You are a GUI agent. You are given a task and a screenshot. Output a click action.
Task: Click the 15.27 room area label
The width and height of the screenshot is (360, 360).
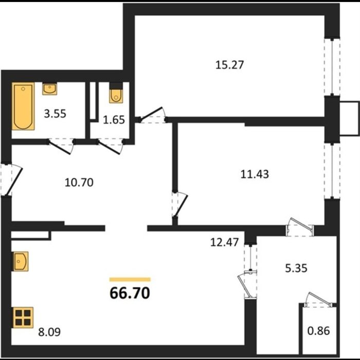coord(229,65)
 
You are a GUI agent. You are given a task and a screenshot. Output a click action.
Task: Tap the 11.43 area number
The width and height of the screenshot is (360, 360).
coord(255,174)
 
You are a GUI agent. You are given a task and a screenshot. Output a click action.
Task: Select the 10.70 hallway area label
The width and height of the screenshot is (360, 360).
coord(79,183)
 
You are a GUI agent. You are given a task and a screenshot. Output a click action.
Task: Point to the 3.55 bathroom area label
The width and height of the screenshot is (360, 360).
coord(55,114)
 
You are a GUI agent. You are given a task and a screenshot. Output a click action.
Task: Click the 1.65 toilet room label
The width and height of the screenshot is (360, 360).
coord(114,120)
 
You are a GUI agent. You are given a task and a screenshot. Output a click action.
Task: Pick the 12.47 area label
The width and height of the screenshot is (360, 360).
coord(225,242)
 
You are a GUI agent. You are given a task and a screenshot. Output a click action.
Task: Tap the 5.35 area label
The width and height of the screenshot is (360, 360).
coord(296,268)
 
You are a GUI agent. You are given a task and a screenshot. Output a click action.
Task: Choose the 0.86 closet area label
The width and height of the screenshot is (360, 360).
coord(319,331)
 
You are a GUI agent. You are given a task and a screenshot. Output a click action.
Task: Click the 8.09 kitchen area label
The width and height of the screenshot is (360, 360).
coord(49,332)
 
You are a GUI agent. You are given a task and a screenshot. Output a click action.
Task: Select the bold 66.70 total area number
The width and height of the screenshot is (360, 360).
coord(130,293)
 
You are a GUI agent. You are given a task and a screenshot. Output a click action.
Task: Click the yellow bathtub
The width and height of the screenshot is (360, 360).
coord(23,106)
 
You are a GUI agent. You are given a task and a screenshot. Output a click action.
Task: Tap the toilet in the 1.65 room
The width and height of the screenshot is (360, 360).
coord(116,93)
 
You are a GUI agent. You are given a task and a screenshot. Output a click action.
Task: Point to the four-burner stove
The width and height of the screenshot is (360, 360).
coord(23,317)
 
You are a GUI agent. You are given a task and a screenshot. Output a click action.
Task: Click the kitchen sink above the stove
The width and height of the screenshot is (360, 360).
coord(20,261)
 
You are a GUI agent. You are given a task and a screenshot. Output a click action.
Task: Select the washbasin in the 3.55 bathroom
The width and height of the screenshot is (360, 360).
coord(49,89)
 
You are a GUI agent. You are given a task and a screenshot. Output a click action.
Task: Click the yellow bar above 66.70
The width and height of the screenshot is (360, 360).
coord(130,279)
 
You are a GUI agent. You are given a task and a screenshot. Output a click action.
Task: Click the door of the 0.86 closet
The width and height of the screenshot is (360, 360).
coord(319,300)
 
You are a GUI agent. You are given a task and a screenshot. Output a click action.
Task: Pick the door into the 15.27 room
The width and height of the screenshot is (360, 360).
coord(152,115)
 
